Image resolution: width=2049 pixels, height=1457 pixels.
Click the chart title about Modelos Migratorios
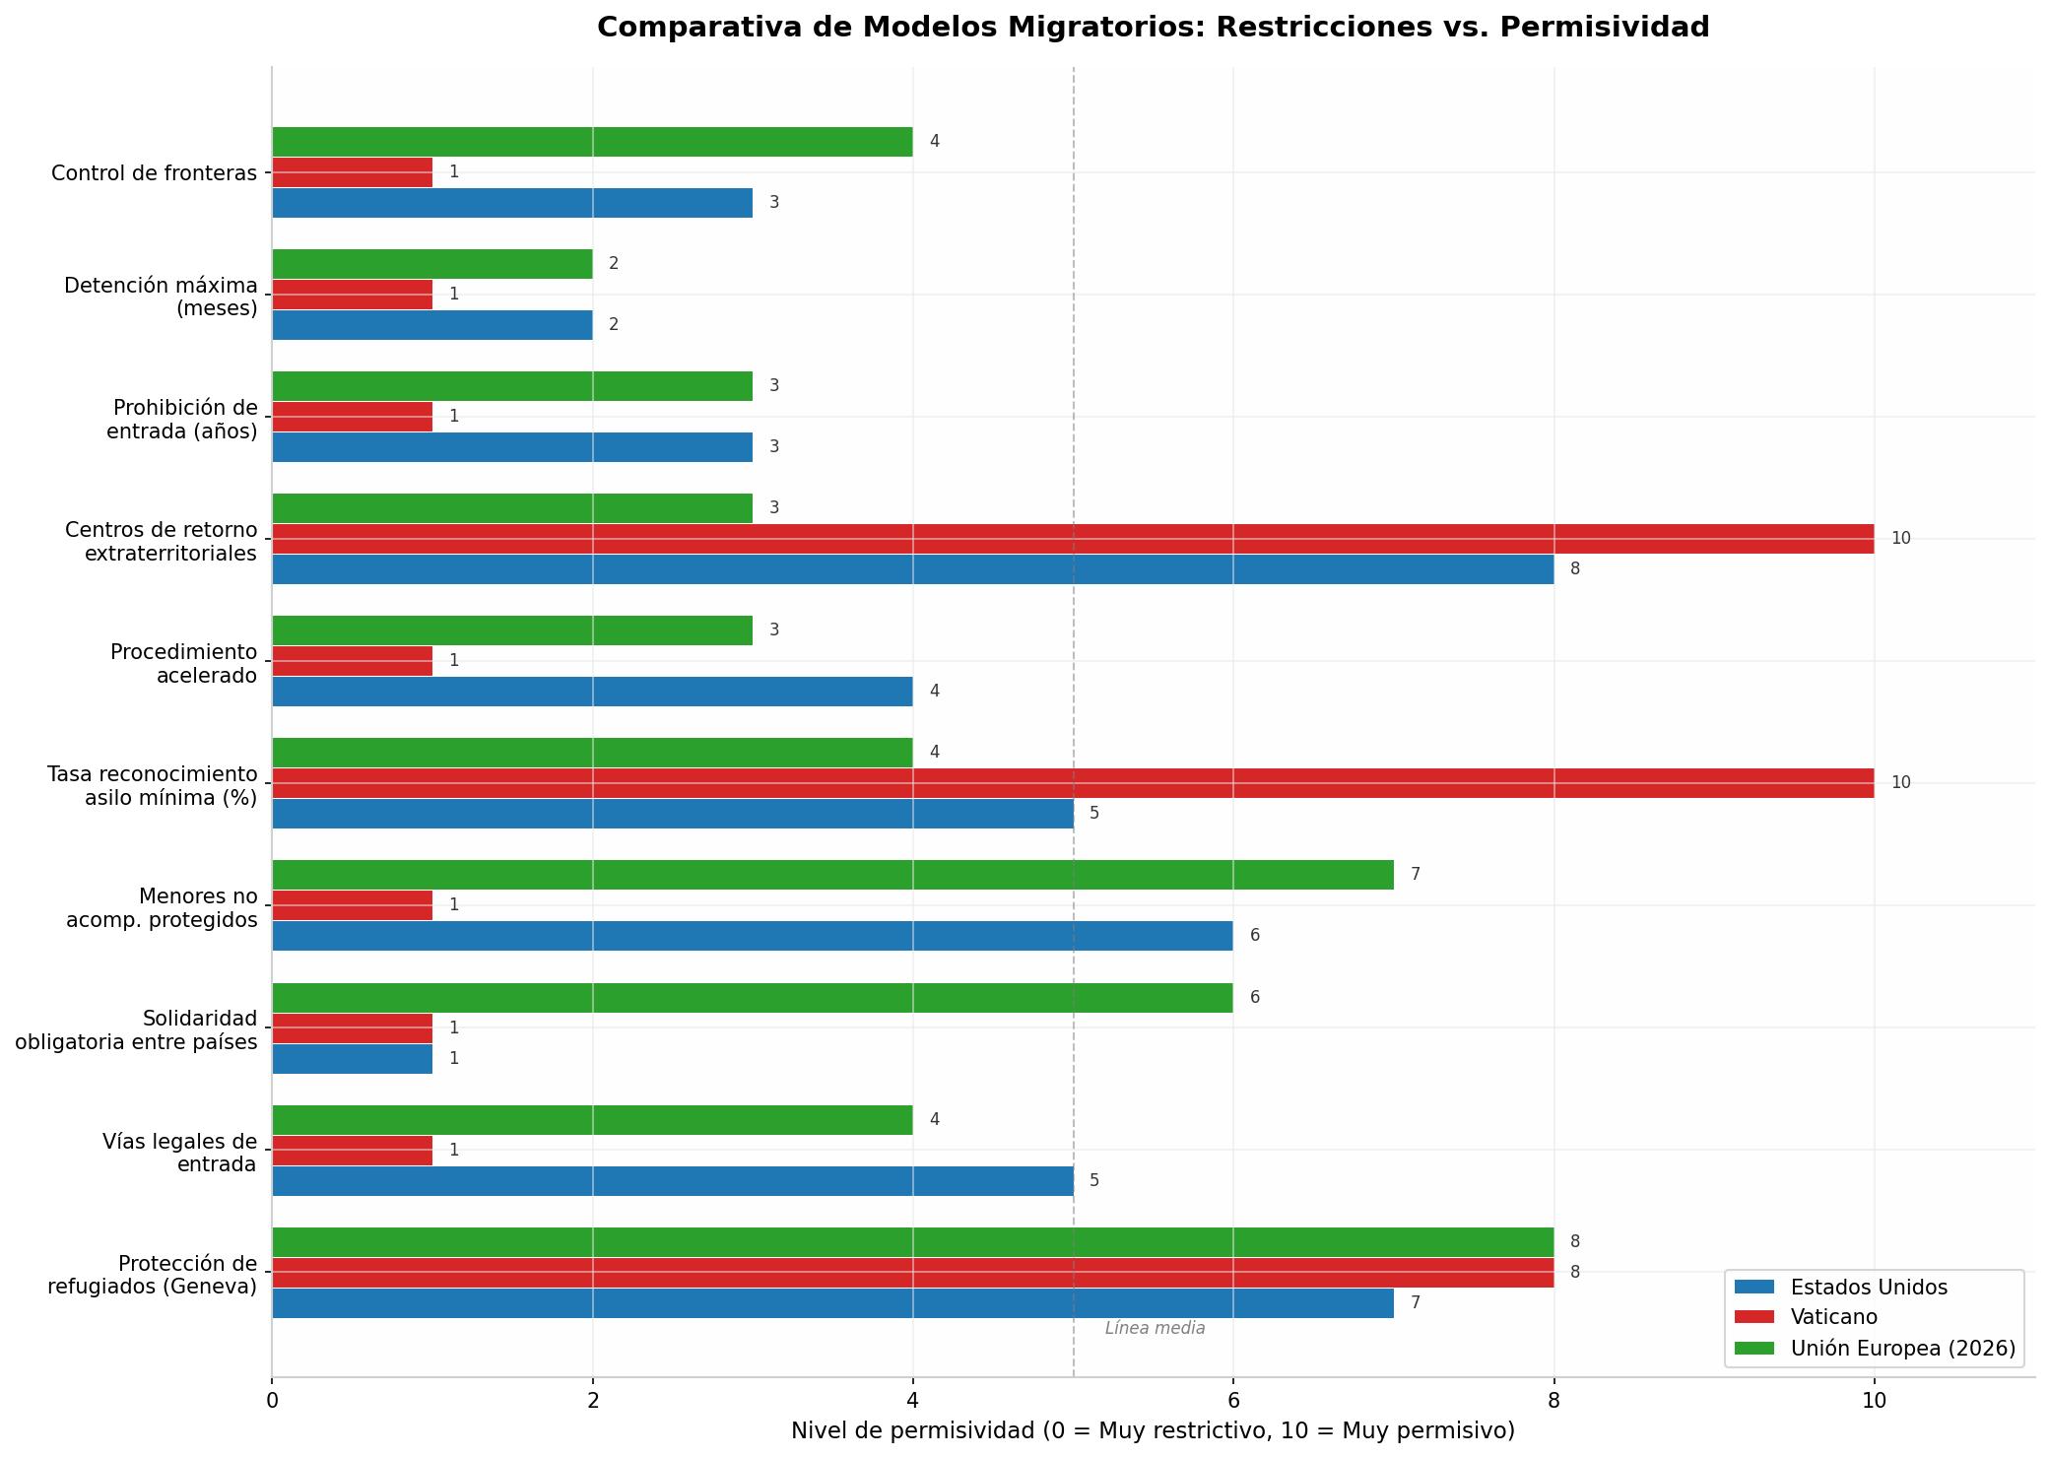coord(1153,28)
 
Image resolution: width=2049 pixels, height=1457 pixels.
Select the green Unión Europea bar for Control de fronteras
coord(592,142)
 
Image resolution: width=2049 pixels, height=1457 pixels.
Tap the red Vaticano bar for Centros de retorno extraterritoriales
coord(1073,539)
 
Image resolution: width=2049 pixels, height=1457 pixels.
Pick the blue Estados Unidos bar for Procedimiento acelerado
coord(592,692)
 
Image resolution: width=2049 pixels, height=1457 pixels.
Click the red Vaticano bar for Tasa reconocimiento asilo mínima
coord(1073,783)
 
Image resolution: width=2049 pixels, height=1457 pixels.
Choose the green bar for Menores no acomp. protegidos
coord(832,875)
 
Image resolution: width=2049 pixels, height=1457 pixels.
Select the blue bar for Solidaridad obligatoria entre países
coord(352,1059)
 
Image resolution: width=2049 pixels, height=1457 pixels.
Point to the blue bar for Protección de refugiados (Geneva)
coord(832,1303)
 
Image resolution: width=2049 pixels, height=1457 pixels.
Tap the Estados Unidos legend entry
coord(1840,1287)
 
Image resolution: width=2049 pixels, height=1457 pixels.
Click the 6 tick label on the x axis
coord(1232,1400)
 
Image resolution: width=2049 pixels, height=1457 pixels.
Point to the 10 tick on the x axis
coord(1874,1400)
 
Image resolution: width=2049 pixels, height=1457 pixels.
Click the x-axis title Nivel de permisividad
coord(1153,1430)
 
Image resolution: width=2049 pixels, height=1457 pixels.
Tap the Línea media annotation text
coord(1155,1328)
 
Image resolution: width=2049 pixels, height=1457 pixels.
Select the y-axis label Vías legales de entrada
coord(179,1153)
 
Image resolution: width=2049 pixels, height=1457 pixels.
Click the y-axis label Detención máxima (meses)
coord(161,297)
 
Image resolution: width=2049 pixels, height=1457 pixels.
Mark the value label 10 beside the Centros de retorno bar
coord(1900,539)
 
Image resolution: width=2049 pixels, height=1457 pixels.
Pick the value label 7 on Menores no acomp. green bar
coord(1416,875)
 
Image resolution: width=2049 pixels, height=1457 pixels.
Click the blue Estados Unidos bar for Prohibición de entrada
coord(512,447)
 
